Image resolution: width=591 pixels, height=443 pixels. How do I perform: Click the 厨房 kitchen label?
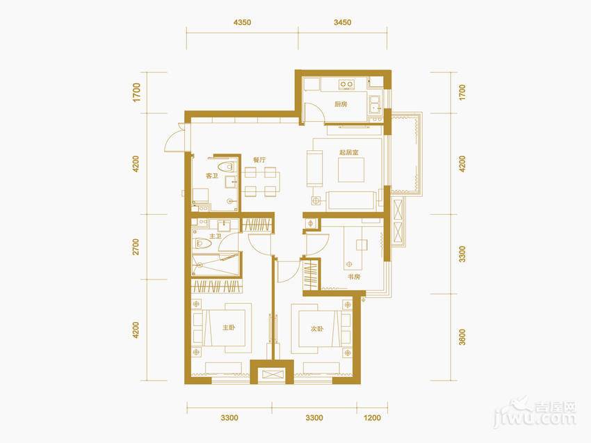pos(341,104)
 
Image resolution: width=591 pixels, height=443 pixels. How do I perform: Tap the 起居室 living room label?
pos(349,152)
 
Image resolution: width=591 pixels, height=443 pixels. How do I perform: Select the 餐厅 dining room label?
pos(259,160)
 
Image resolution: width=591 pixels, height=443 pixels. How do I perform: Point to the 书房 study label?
pos(354,277)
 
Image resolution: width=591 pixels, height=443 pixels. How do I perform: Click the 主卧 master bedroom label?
pos(229,328)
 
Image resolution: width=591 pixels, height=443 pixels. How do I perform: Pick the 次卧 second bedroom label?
pos(317,329)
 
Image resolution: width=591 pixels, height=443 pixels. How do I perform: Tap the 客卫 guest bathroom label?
pos(212,176)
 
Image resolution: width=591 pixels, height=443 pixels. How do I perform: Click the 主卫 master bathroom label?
pos(216,236)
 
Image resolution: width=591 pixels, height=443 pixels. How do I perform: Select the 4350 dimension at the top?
pos(242,22)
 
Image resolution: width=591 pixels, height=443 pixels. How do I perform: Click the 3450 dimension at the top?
pos(342,22)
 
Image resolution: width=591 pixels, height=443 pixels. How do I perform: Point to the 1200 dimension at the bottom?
pos(373,418)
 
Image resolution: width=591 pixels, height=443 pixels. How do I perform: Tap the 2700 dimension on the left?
pos(136,247)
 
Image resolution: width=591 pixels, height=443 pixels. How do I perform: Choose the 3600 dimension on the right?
pos(462,337)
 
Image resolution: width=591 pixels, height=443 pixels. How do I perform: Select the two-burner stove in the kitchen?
pos(346,83)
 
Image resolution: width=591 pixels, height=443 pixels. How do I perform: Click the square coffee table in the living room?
pos(351,170)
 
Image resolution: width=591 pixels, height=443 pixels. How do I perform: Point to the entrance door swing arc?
pos(172,140)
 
